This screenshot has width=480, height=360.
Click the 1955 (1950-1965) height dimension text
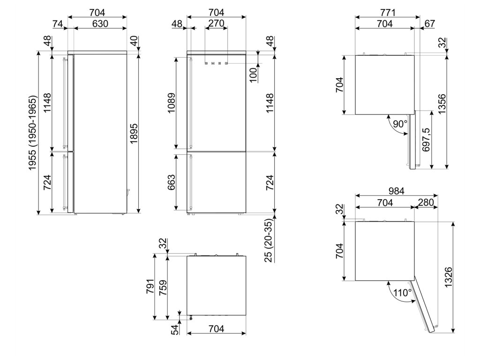33,134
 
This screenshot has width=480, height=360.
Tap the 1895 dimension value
134,134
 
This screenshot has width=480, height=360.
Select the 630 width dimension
100,23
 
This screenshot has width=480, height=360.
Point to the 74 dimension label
58,23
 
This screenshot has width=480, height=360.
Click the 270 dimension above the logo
216,23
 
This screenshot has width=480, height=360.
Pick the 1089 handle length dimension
172,103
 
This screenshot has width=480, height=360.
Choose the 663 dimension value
172,182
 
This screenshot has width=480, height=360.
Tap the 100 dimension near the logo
253,75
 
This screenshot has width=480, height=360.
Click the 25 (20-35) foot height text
269,240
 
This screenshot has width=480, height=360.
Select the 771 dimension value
388,13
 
